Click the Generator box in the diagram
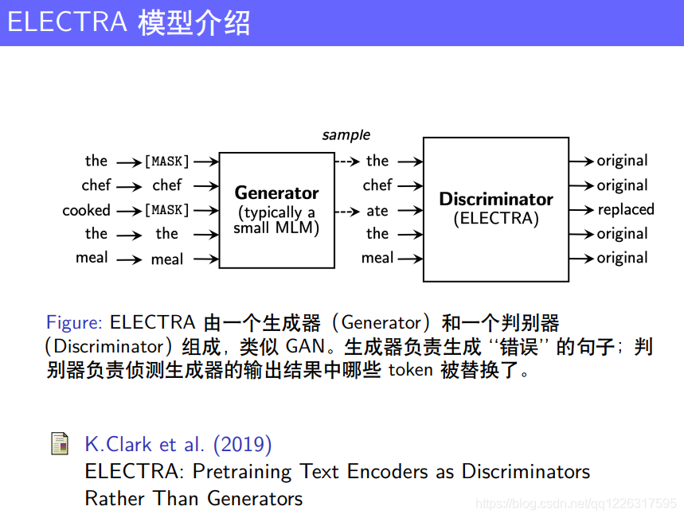[276, 210]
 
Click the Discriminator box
[495, 209]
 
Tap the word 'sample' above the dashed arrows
[346, 135]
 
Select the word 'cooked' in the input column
[86, 211]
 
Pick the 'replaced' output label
[626, 210]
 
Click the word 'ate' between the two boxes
[377, 211]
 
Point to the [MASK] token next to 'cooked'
[166, 211]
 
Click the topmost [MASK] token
[166, 162]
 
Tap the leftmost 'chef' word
[96, 185]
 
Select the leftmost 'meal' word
[92, 258]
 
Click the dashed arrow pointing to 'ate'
[347, 211]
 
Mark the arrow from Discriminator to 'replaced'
[581, 210]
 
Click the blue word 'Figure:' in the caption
[74, 323]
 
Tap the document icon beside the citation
[59, 444]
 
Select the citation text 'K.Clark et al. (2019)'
[178, 444]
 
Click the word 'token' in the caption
[410, 371]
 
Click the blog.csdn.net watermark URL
[575, 504]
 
